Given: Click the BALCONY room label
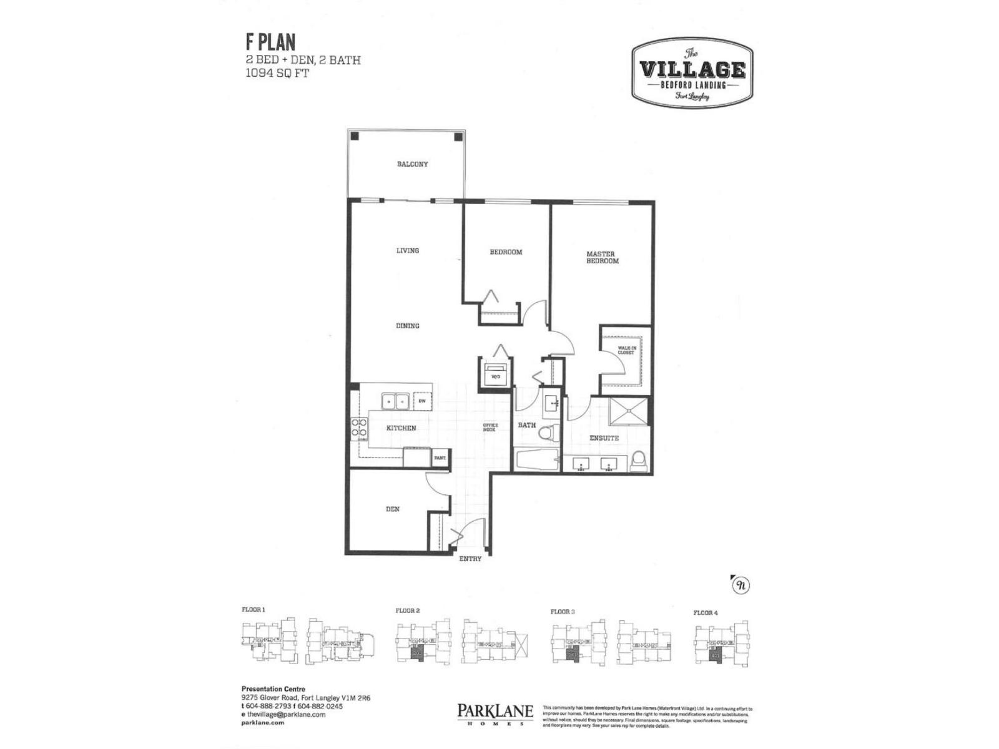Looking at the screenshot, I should coord(412,164).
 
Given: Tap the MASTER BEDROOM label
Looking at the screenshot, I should coord(602,257).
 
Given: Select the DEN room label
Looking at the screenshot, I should coord(392,509).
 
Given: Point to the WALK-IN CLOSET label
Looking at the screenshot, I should coord(626,351).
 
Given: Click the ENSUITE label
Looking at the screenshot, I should coord(604,438).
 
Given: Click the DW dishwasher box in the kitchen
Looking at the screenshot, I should coord(422,401).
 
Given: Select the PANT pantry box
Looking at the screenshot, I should coord(440,458).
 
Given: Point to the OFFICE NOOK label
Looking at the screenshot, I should coord(490,428).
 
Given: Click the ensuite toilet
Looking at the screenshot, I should coord(638,461).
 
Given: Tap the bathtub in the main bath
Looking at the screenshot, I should coord(537,462).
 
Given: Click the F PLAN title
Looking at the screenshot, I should coord(270,42).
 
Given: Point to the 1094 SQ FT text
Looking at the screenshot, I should coord(277,72).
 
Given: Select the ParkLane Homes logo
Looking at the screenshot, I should coord(495,713).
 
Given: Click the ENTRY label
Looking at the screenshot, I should coord(470,559).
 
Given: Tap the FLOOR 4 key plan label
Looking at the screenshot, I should coord(706,613).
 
